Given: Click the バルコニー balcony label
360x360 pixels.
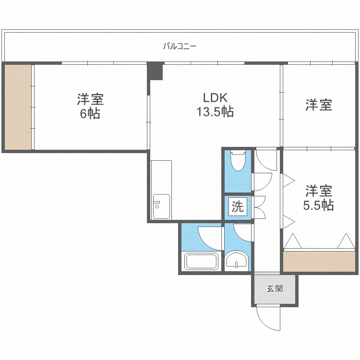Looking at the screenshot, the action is pos(180,47).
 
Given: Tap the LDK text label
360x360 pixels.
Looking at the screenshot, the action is pos(215,98).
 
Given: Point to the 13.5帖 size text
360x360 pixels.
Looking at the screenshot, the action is pos(215,112).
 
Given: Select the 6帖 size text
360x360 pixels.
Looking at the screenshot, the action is pos(90,113).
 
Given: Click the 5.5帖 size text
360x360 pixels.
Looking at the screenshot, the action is pos(318,205).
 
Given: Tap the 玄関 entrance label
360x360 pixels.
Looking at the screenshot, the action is pos(275,288).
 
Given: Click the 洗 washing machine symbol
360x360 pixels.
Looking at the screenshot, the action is pos(238,206).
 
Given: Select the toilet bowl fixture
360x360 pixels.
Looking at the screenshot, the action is pos(238,160).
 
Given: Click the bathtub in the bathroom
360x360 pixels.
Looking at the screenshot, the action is pos(201,261).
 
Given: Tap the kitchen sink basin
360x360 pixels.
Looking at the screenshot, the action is pos(161,206).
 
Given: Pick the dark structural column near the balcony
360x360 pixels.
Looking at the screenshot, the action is pos(155,71).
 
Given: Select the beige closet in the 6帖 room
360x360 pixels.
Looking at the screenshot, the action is pos(18,107).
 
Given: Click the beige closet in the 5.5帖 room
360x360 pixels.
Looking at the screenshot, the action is pos(319,261).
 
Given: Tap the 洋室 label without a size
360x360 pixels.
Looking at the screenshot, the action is pos(319,105).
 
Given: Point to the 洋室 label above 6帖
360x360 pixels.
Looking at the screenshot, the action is pos(90,99).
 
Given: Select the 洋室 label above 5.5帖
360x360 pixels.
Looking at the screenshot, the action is pos(319,191).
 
